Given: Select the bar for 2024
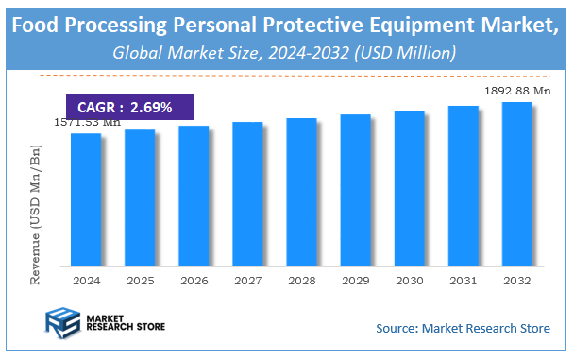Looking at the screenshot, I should pos(86,199).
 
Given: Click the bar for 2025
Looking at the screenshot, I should pos(140,197).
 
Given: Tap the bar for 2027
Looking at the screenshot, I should pos(247,194).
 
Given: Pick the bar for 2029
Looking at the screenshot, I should pos(355,190).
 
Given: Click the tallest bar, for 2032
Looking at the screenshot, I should pos(516,183).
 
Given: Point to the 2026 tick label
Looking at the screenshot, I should pos(194,281).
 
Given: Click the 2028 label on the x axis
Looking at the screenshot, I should pos(301,281).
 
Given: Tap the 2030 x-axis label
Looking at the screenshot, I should pos(409,281).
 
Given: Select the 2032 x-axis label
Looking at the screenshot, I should pos(516,281).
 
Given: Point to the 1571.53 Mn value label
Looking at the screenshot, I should pos(86,122).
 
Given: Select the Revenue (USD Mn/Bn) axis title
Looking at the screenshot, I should pos(37,214).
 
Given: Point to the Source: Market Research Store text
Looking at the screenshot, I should pos(462,328).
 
